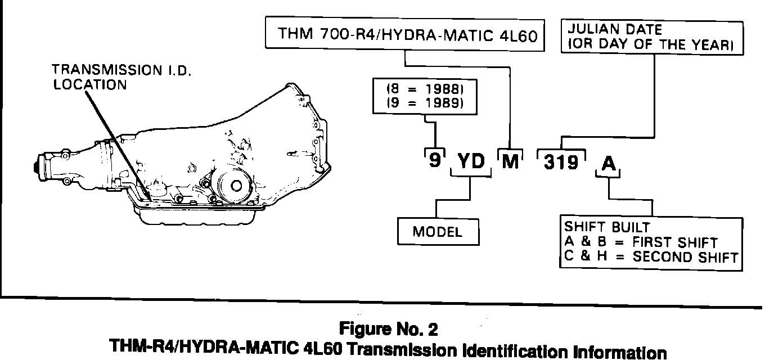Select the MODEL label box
pyautogui.click(x=437, y=231)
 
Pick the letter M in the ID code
pyautogui.click(x=510, y=162)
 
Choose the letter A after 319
pyautogui.click(x=609, y=163)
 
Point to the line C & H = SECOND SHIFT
pyautogui.click(x=650, y=258)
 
